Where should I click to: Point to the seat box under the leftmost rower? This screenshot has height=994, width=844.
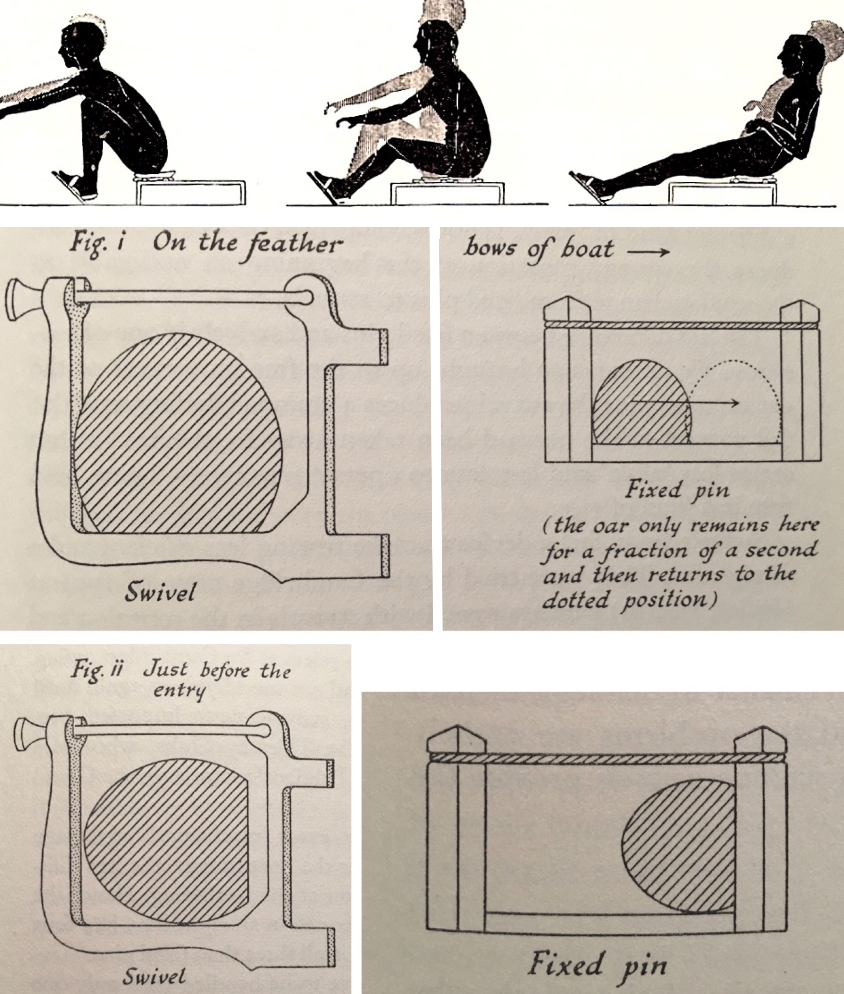pyautogui.click(x=191, y=192)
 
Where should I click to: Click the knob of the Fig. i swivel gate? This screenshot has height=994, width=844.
pyautogui.click(x=18, y=303)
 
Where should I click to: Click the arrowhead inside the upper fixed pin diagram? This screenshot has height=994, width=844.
pyautogui.click(x=734, y=403)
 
